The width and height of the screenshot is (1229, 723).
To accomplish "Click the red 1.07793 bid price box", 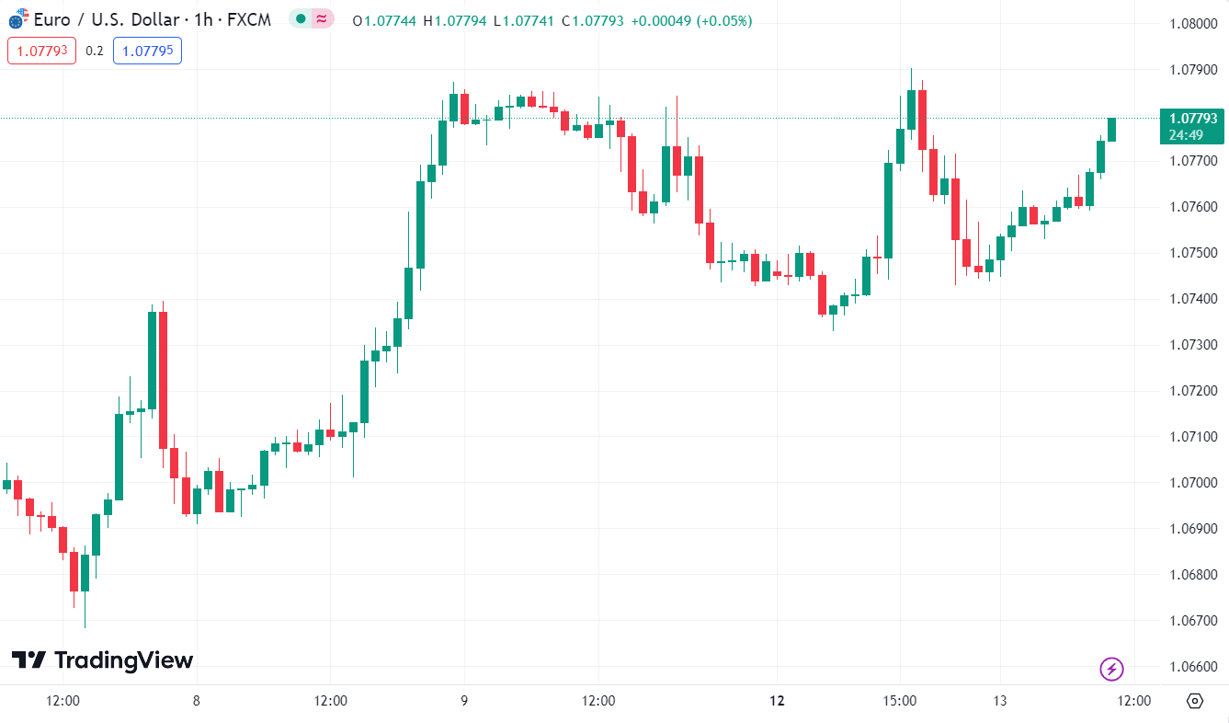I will click(x=41, y=51).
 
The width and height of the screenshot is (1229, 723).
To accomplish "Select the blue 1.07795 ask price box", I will click(x=147, y=51).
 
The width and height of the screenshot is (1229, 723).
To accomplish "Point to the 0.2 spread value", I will click(x=95, y=51).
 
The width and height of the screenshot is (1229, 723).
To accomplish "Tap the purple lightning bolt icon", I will click(x=1112, y=669).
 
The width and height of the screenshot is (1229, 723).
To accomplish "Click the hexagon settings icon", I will click(x=1195, y=701).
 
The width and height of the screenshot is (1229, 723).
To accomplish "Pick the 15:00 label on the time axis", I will click(x=900, y=701).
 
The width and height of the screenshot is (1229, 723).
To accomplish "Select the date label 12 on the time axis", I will click(x=778, y=701).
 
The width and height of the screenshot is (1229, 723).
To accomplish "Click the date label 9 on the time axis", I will click(x=464, y=701).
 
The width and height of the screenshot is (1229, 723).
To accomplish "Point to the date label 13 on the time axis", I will click(x=1000, y=701).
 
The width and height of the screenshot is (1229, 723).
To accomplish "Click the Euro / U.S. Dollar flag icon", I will click(x=17, y=19).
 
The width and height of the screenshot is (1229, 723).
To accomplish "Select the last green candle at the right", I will click(x=1111, y=130).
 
